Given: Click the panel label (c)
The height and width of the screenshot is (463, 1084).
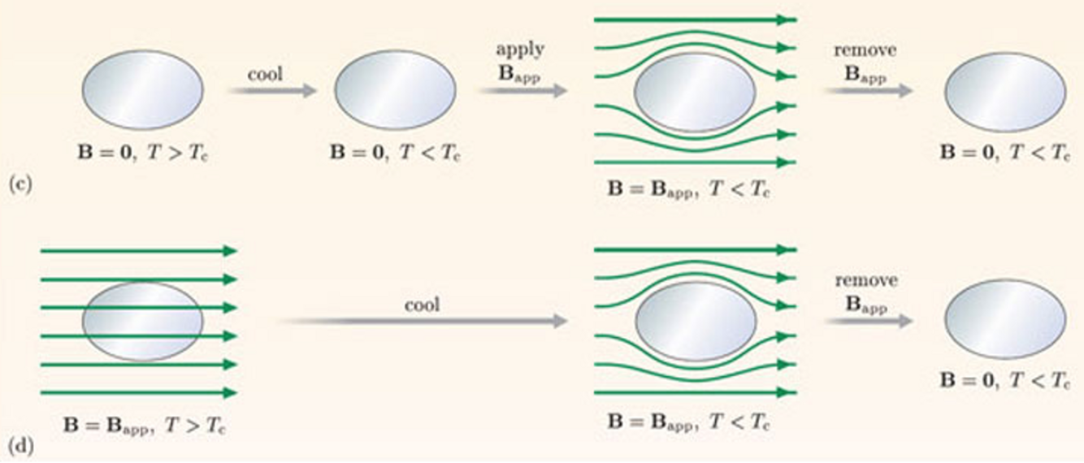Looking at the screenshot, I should point(20,184).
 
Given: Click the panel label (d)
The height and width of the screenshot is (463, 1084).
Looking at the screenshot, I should point(20,446).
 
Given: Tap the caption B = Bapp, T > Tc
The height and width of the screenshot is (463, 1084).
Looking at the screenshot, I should point(143,425).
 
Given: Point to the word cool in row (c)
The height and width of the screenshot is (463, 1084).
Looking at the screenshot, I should point(266,74).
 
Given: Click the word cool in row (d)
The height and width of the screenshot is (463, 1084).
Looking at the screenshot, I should point(422,305).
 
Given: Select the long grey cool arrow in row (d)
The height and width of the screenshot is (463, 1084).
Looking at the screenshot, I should point(423,322).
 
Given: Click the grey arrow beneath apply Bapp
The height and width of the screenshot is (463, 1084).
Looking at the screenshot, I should point(522,90).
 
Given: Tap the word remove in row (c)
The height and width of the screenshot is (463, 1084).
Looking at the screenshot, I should point(865,50).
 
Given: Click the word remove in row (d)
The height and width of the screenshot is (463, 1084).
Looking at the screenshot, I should point(865,280).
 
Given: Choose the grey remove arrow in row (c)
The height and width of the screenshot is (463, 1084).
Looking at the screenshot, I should point(867,90).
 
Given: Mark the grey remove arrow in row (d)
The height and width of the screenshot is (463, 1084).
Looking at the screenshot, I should point(867,322).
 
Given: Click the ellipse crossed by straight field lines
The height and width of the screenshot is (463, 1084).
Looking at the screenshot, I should point(143,322).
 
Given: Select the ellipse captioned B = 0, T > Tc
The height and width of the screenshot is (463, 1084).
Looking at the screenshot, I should point(143,90).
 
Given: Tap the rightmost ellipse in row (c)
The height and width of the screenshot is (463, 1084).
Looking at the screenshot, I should point(1004,90).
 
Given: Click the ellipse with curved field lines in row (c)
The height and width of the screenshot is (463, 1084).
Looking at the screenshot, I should point(695,92).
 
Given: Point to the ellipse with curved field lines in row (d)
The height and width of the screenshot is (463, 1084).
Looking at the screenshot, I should point(695,322).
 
